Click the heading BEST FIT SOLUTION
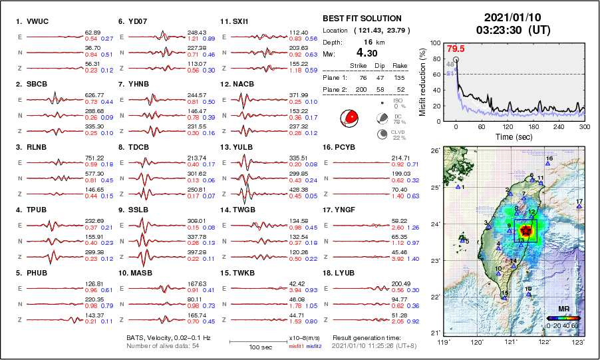(x=362, y=18)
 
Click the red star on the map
(x=526, y=231)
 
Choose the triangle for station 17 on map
(x=579, y=207)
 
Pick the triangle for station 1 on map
(x=458, y=187)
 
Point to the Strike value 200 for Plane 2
(x=361, y=89)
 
